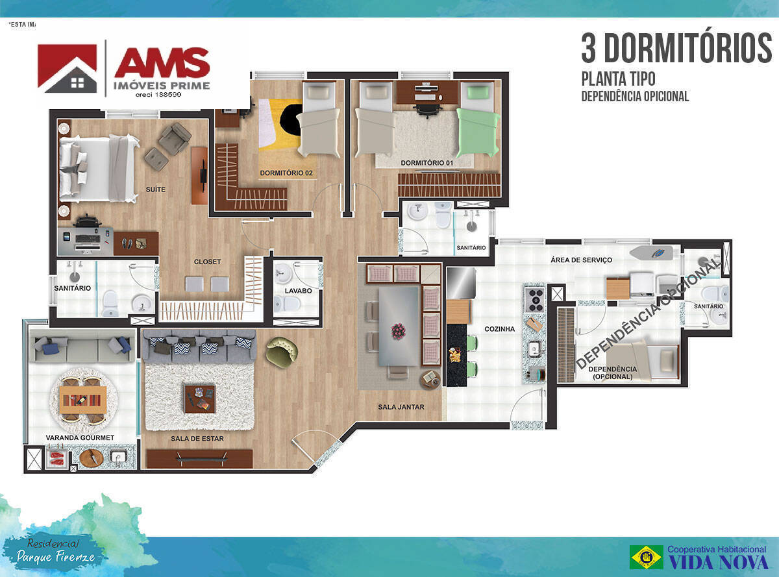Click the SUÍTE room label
pos(156,190)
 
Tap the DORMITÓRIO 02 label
pos(286,173)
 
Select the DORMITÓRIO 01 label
pos(427,162)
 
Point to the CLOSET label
pos(208,262)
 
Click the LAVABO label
pos(298,291)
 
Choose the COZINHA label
pos(499,329)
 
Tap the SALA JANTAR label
pos(401,407)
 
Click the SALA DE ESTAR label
pos(197,439)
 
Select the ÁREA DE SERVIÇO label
pos(581,260)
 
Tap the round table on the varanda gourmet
pos(82,396)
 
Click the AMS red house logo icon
pos(67,68)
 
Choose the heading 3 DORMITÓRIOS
pos(676,49)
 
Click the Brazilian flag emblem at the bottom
pos(646,557)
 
